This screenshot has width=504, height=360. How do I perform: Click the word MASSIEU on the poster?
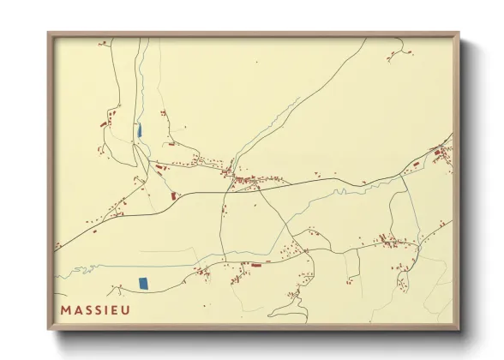pos(95,309)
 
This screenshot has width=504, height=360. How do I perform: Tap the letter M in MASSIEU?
pos(65,309)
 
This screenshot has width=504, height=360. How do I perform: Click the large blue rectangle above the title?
pos(143,282)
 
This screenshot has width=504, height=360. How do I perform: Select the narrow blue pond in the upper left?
pos(139,130)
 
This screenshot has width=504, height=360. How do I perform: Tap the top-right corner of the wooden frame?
pos(459,33)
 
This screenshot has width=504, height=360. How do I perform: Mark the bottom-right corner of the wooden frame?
pos(459,330)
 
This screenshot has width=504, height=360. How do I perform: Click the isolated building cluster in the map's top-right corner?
pos(398,54)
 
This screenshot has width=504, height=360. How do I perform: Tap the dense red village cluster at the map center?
pos(249,180)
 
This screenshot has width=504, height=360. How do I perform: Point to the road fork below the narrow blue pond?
pos(146,159)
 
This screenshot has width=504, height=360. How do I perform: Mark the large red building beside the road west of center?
pos(174,196)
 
